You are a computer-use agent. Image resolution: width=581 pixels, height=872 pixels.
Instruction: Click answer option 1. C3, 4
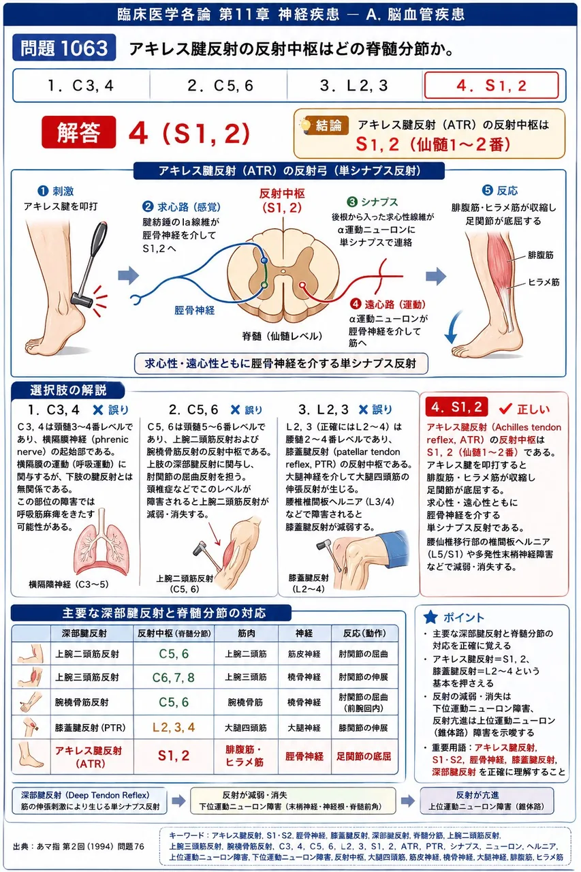80,85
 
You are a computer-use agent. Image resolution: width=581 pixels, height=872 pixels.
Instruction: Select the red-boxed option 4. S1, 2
491,85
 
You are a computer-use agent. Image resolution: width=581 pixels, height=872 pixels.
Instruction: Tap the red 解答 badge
78,132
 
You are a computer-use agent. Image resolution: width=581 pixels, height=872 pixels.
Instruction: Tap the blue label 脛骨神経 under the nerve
194,310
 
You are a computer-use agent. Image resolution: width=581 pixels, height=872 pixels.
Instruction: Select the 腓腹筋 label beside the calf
540,255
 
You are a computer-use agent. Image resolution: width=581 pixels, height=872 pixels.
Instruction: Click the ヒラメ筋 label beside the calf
543,282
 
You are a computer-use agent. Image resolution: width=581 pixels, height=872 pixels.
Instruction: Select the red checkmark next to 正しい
505,408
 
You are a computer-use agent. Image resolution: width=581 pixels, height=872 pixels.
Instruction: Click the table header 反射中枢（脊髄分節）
174,634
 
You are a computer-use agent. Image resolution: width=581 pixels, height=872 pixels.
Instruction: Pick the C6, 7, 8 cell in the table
173,677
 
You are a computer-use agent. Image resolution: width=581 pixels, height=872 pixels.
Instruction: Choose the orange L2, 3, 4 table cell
173,727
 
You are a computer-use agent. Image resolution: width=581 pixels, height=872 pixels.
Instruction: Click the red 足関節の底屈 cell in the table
364,756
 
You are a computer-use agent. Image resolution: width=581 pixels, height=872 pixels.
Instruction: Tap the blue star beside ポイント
430,617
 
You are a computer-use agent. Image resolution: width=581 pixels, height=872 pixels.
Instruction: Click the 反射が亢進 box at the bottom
486,800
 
